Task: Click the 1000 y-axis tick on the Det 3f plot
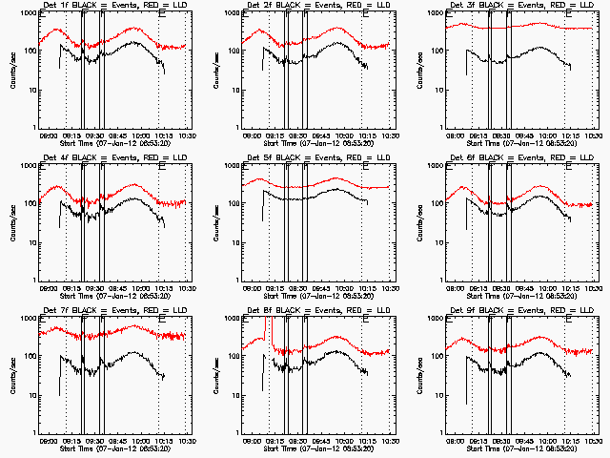tap(439, 13)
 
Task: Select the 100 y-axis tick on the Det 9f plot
tap(441, 356)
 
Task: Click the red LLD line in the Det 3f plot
tap(534, 27)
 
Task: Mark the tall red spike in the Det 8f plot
tap(266, 329)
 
